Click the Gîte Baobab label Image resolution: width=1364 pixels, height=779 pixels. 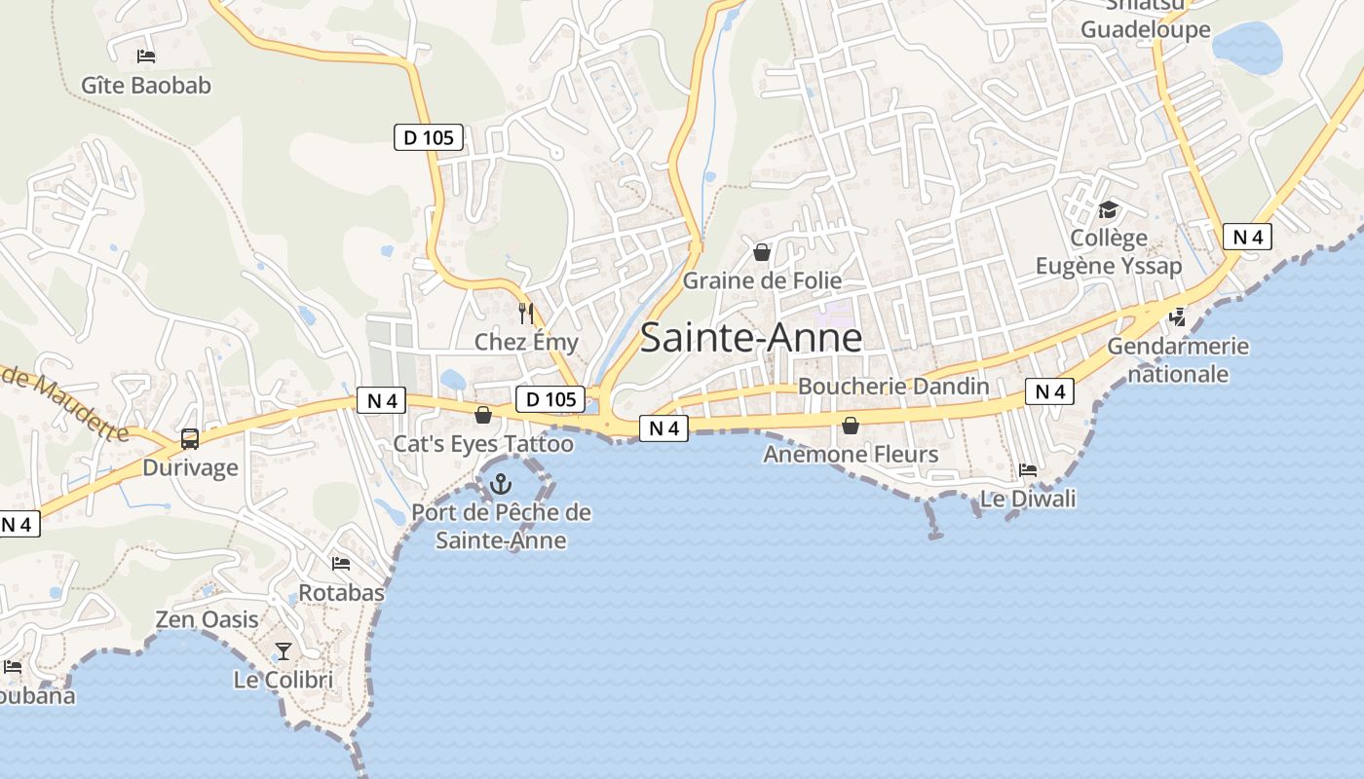[146, 86]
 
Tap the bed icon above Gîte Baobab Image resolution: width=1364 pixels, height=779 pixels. [146, 56]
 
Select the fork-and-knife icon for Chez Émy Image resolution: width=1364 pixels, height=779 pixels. [526, 313]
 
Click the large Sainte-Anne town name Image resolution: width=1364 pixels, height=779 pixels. [751, 338]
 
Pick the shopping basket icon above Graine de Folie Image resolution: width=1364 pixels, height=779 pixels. [762, 252]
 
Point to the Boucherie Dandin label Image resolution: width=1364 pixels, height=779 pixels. [893, 387]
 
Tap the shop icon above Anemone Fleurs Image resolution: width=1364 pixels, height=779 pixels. [851, 426]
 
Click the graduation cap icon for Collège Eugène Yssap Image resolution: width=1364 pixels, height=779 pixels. [1108, 209]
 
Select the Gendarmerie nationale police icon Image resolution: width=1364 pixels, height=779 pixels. [1178, 316]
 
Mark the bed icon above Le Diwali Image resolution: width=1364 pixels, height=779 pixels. [1028, 470]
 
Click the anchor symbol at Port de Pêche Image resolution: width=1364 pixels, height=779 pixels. [501, 483]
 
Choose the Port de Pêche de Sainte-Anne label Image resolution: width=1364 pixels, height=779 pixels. [501, 526]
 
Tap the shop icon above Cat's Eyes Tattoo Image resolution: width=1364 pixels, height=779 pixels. [482, 416]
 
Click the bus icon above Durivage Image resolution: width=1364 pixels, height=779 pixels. [190, 439]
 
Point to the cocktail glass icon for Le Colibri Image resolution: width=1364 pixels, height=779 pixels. [284, 650]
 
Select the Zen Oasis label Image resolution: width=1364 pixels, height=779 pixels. [208, 619]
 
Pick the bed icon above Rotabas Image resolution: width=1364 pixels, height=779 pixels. [341, 564]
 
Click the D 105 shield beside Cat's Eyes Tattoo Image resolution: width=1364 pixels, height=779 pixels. [549, 398]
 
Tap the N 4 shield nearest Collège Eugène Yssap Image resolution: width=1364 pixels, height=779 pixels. [1248, 237]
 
